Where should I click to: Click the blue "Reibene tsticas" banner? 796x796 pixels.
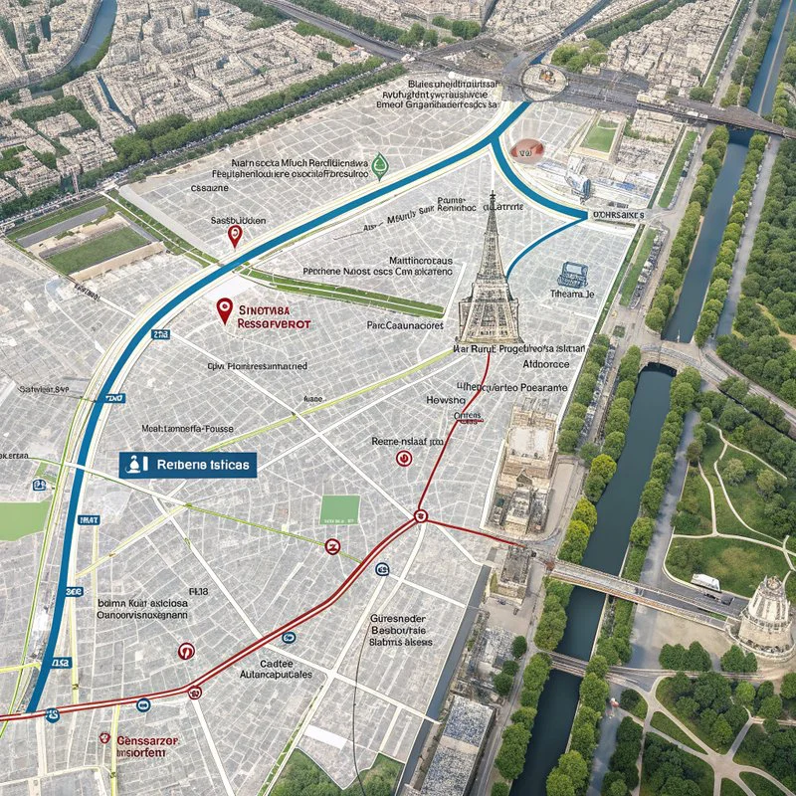click(x=188, y=464)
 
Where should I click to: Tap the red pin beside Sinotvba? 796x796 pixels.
click(x=224, y=310)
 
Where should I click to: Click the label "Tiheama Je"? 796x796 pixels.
click(x=571, y=295)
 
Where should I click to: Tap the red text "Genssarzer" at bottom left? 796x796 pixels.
click(x=150, y=741)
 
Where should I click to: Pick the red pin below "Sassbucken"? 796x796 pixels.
click(x=235, y=236)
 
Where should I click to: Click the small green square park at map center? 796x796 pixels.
click(x=339, y=509)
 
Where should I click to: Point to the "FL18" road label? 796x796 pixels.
click(x=196, y=590)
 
